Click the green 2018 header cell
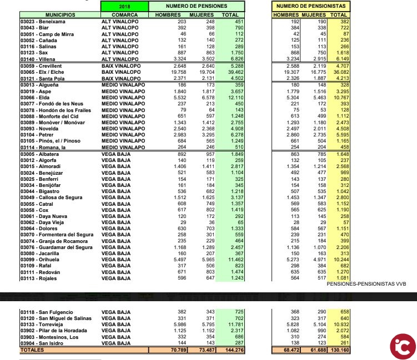[125, 6]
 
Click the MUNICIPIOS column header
[46, 14]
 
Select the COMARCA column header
[124, 14]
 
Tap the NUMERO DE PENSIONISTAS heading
[311, 6]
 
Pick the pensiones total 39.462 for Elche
[233, 72]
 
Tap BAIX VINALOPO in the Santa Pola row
[121, 78]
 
